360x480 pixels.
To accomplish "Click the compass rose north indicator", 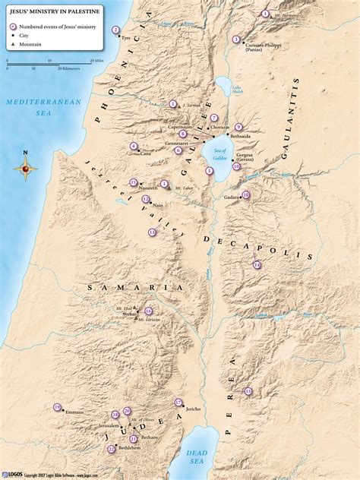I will click(x=25, y=157).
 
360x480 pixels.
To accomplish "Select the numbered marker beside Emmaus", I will click(x=57, y=408).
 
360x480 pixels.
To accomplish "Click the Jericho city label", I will click(x=192, y=409).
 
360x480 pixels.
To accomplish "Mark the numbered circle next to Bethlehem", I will click(x=112, y=449).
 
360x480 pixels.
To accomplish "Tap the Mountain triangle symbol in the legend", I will click(x=12, y=44).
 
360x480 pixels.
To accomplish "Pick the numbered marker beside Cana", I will click(x=134, y=146).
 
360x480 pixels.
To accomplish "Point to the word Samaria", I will click(x=135, y=288).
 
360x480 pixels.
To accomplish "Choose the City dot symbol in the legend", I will click(x=12, y=36).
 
